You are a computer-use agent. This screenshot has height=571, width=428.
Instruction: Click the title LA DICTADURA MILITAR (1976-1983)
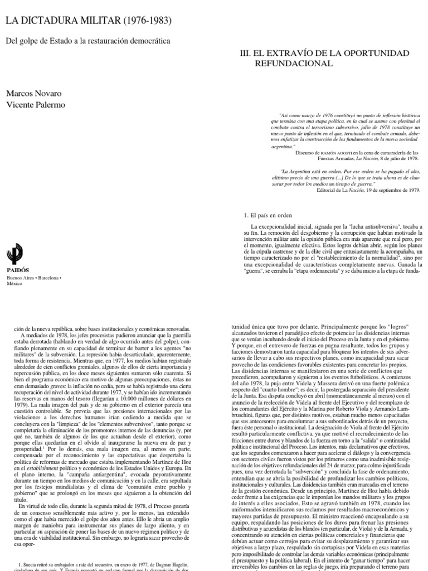(x=88, y=21)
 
